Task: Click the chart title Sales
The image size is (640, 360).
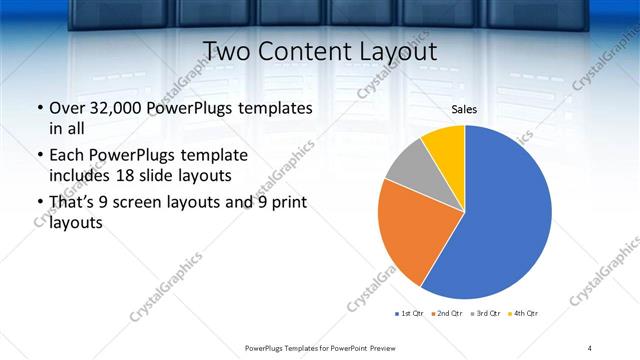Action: pyautogui.click(x=464, y=109)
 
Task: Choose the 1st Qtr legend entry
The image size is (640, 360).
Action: pyautogui.click(x=410, y=314)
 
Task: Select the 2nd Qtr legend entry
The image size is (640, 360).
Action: pyautogui.click(x=445, y=314)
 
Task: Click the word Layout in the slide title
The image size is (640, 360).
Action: pyautogui.click(x=399, y=51)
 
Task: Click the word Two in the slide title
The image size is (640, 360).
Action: pyautogui.click(x=226, y=51)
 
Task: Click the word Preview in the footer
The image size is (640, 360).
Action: pyautogui.click(x=370, y=347)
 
